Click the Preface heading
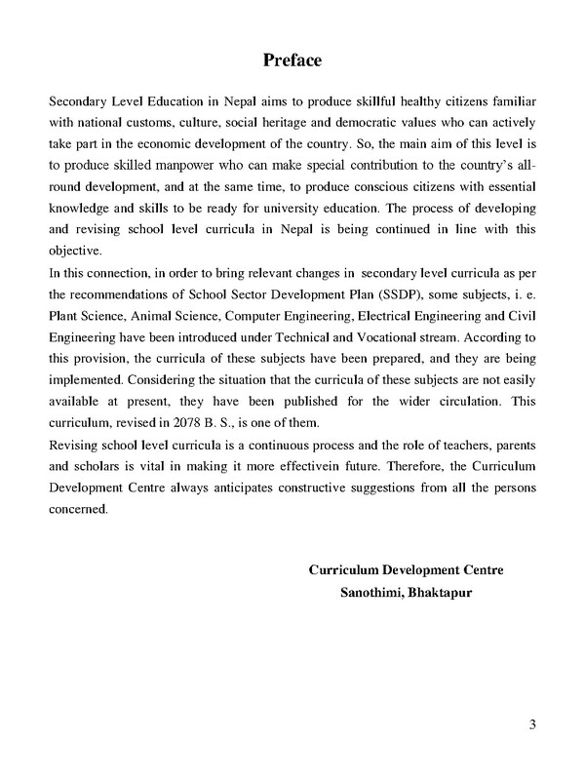click(x=292, y=60)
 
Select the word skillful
click(x=347, y=102)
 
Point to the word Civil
click(x=523, y=315)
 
